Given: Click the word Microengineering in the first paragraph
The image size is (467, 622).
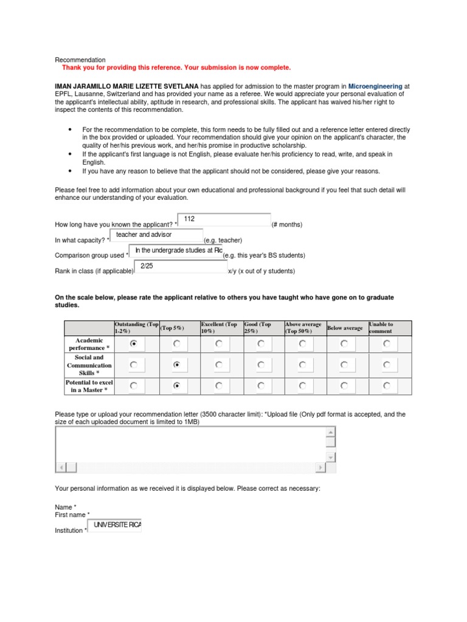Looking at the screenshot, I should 375,87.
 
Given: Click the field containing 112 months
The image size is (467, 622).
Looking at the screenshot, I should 224,220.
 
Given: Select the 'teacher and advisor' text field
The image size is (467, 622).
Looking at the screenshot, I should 156,235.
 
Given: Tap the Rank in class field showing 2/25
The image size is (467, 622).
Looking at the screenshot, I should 180,266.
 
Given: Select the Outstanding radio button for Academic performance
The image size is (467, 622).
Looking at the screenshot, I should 134,344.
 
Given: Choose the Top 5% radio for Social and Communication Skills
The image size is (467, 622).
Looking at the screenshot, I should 176,365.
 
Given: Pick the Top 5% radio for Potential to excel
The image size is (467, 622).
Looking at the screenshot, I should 176,386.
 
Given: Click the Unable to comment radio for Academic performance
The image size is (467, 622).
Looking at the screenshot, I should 387,344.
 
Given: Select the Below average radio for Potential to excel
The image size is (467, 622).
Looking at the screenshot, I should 344,386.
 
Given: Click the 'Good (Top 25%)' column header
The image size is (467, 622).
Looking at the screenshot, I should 258,328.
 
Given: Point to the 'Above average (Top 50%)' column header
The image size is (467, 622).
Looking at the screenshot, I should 303,328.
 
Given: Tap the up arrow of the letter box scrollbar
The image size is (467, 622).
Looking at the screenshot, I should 330,432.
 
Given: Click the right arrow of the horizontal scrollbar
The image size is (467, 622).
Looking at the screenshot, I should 320,467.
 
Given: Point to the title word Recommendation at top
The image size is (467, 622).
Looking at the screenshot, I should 80,60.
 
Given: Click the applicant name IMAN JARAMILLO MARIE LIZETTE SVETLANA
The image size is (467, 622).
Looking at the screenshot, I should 126,87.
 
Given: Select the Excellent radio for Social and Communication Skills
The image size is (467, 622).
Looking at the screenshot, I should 218,365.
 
